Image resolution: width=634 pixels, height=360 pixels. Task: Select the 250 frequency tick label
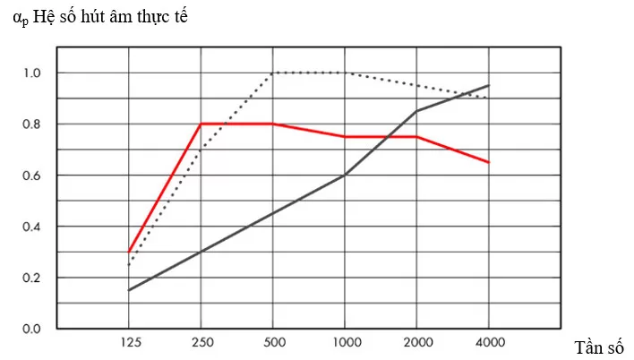(201, 343)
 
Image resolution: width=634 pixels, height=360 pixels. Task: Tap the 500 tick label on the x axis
(272, 343)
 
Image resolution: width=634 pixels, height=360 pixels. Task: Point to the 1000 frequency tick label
(345, 343)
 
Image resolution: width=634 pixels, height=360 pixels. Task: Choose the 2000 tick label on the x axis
(416, 343)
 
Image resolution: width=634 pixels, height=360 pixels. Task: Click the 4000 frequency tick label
(488, 343)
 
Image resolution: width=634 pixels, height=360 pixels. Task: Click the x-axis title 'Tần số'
(598, 347)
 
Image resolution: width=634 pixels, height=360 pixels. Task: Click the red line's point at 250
(201, 124)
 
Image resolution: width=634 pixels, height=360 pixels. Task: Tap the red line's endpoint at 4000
(488, 162)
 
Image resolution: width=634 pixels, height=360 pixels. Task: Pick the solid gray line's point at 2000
(416, 111)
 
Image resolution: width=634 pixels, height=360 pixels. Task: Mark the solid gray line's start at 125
(129, 290)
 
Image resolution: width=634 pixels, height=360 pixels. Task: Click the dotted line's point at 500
(272, 73)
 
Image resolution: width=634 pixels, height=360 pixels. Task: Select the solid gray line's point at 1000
(345, 175)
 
